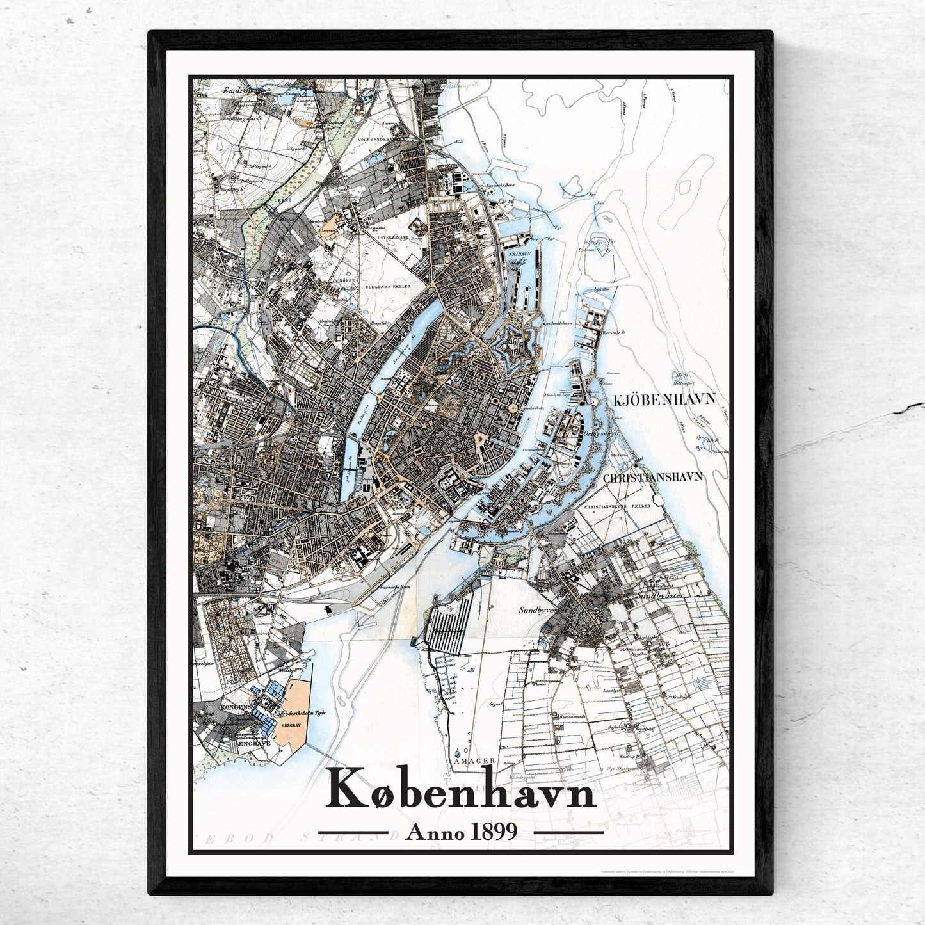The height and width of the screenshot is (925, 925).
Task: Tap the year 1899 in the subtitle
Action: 494,832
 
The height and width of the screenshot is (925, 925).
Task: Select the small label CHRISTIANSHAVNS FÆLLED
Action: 614,506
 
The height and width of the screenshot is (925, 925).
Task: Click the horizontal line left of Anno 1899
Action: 353,833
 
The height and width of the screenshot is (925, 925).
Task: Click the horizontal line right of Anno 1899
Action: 568,833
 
